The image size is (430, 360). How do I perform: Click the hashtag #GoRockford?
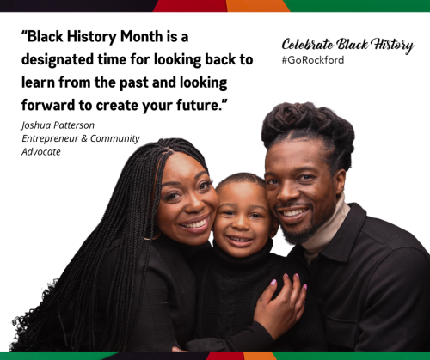tap(313, 60)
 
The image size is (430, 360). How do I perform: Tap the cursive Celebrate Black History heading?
tap(347, 45)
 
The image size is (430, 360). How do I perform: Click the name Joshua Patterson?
tap(58, 125)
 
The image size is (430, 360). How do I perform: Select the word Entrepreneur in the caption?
tap(50, 138)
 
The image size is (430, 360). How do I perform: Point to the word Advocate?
tap(41, 152)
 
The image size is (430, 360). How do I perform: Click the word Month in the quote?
tap(141, 37)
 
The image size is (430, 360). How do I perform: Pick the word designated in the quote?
tap(58, 60)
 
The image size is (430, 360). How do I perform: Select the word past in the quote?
tap(134, 83)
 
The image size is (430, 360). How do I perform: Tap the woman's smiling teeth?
tap(196, 223)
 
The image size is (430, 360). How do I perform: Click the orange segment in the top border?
tap(257, 6)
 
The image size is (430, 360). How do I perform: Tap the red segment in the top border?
tap(191, 6)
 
